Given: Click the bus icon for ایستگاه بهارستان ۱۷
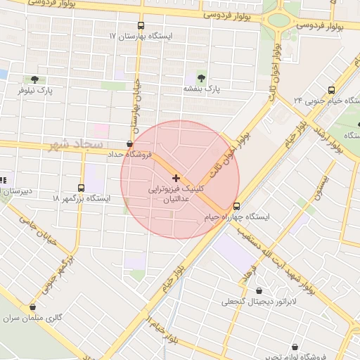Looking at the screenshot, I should tap(141, 25).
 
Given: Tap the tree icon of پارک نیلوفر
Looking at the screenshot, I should tap(35, 79).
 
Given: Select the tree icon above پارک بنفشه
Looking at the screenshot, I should tap(202, 77).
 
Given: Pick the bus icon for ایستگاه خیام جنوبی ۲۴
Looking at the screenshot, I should tap(331, 90).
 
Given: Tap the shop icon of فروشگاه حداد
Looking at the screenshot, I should tap(129, 143).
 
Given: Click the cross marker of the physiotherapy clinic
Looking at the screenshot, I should tap(176, 179).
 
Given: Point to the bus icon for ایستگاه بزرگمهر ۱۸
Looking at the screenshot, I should tap(81, 188).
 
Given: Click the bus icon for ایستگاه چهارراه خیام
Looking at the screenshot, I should tap(236, 207).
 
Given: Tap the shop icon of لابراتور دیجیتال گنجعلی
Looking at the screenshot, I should tap(259, 290).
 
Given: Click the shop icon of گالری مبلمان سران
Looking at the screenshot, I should tap(33, 307).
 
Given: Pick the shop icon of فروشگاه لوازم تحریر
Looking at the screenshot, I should tap(294, 347).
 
